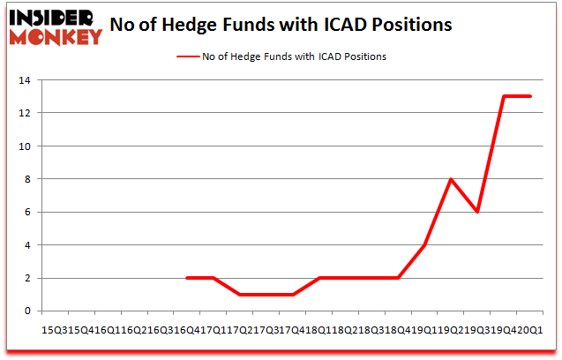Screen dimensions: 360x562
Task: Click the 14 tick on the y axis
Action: tap(27, 81)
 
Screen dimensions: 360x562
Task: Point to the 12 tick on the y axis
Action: tap(27, 114)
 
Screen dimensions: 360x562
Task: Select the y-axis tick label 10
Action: tap(27, 146)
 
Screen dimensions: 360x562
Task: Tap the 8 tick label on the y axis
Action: tap(30, 179)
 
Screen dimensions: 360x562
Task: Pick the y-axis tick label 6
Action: tap(30, 213)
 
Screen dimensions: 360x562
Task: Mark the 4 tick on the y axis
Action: tap(30, 245)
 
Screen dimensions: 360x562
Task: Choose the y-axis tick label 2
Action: tap(30, 278)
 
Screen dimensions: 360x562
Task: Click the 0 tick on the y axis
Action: tap(30, 311)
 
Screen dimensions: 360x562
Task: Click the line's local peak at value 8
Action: tap(452, 179)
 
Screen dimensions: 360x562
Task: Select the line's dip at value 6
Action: tap(477, 212)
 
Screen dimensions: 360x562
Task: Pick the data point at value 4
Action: tap(425, 245)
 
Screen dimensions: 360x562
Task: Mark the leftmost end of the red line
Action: tap(188, 278)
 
